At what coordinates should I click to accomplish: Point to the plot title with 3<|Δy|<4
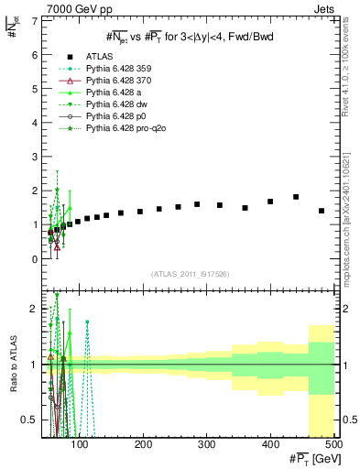click(x=189, y=36)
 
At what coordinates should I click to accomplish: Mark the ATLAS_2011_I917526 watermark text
click(x=189, y=273)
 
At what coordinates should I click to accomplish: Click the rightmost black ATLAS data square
click(x=322, y=211)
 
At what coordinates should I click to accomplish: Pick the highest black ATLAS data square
click(x=296, y=197)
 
